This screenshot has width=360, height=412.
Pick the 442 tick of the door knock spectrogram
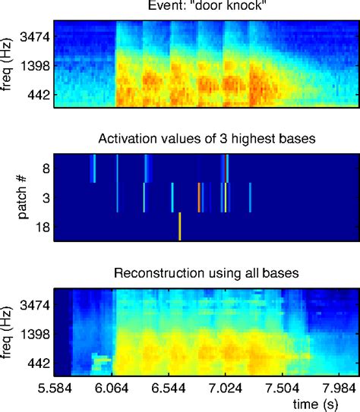pyautogui.click(x=36, y=95)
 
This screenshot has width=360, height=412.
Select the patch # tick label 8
pyautogui.click(x=46, y=168)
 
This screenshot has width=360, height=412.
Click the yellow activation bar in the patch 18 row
pyautogui.click(x=179, y=226)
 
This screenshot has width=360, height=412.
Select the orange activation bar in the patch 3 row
pyautogui.click(x=199, y=197)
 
